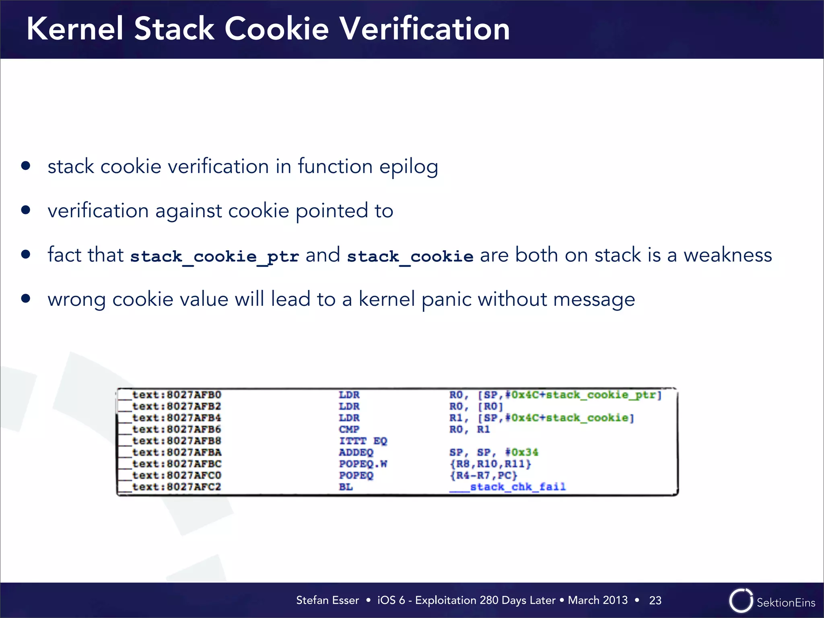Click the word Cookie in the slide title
(x=276, y=29)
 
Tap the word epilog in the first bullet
(x=408, y=167)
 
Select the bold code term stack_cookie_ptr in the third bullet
(x=214, y=256)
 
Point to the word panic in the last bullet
(x=446, y=299)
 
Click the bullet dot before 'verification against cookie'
(x=26, y=210)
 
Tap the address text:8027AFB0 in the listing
(x=177, y=395)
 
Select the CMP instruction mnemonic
(x=349, y=429)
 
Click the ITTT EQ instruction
(x=363, y=441)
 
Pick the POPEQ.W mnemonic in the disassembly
(x=363, y=464)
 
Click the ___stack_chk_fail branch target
(x=507, y=487)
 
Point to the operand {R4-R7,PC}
(x=483, y=476)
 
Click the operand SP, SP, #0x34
(x=493, y=452)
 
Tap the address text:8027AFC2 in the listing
(x=177, y=487)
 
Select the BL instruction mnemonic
(x=346, y=487)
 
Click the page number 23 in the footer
(x=655, y=600)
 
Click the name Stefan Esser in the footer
(x=327, y=600)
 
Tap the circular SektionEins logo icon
(x=740, y=601)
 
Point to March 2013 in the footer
(x=597, y=600)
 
